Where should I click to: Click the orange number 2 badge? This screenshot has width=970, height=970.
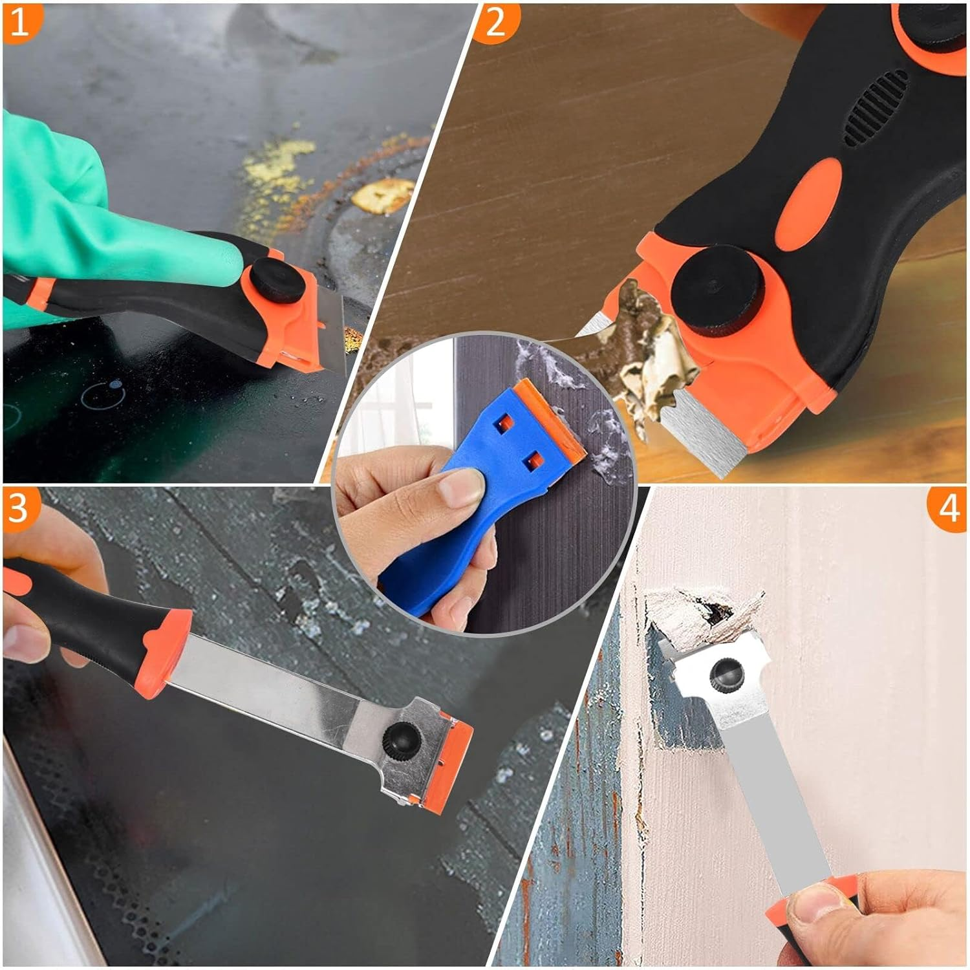(x=495, y=23)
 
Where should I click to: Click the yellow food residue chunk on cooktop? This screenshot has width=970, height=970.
(x=383, y=195)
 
